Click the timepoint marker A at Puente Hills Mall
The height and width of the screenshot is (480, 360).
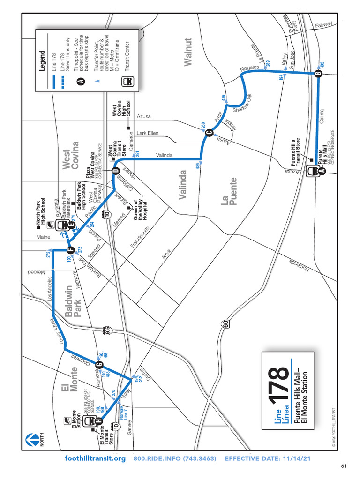(322, 171)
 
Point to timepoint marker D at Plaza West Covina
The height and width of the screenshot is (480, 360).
(115, 171)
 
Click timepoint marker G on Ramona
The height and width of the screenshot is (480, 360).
(99, 365)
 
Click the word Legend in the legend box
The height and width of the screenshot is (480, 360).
(42, 60)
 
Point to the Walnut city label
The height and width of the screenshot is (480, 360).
(188, 52)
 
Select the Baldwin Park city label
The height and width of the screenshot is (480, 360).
(74, 302)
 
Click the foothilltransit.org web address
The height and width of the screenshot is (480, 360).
(95, 458)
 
